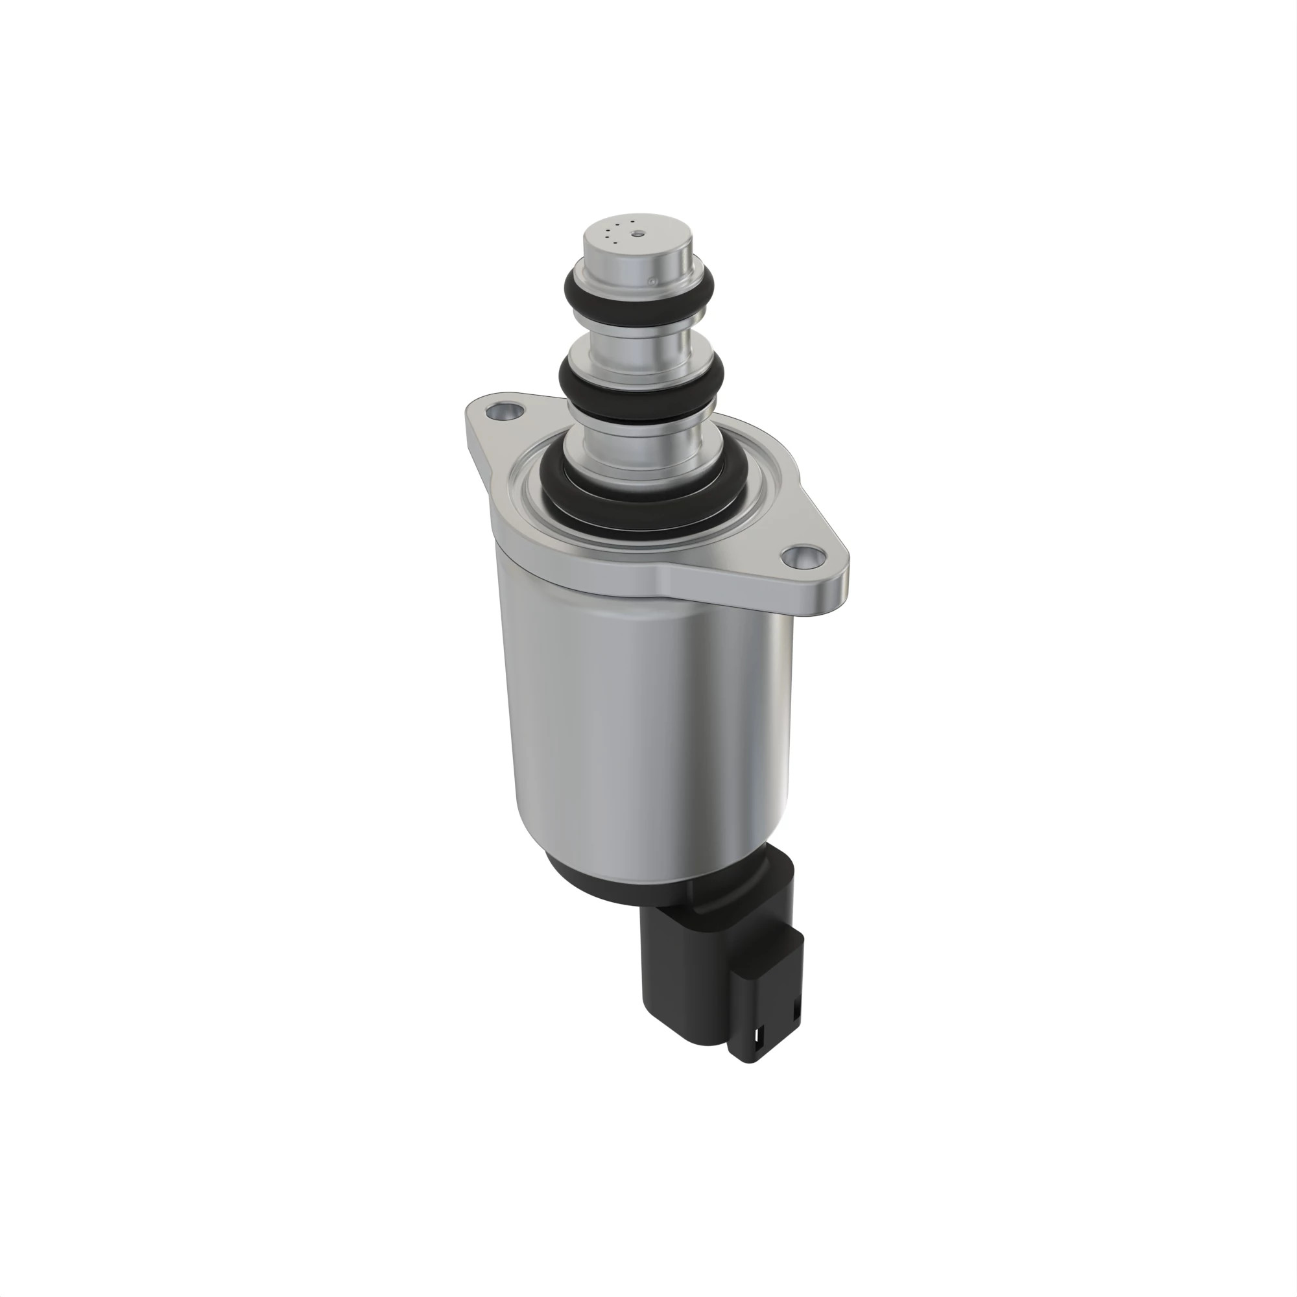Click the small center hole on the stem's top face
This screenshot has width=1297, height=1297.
click(x=638, y=234)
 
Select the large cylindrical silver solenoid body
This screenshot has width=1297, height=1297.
click(x=645, y=725)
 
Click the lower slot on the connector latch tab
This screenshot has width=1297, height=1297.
click(x=759, y=1038)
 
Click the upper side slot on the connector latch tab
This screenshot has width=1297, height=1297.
click(x=798, y=1007)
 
